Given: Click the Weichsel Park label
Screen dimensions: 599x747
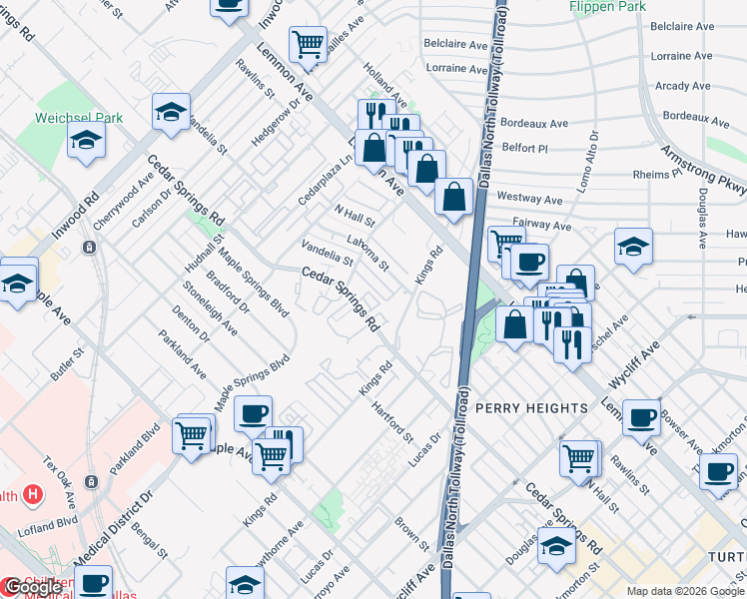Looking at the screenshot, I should click(80, 118).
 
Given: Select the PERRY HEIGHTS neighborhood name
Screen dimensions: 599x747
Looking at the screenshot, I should click(531, 408).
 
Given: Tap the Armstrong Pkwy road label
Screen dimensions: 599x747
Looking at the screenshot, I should click(703, 170).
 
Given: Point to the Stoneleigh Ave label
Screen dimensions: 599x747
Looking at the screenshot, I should click(210, 306).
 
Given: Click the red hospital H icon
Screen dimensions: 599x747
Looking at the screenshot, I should click(33, 493).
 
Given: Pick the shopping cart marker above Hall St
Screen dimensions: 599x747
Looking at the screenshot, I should click(578, 458).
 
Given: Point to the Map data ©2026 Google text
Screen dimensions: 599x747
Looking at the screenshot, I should click(684, 590).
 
